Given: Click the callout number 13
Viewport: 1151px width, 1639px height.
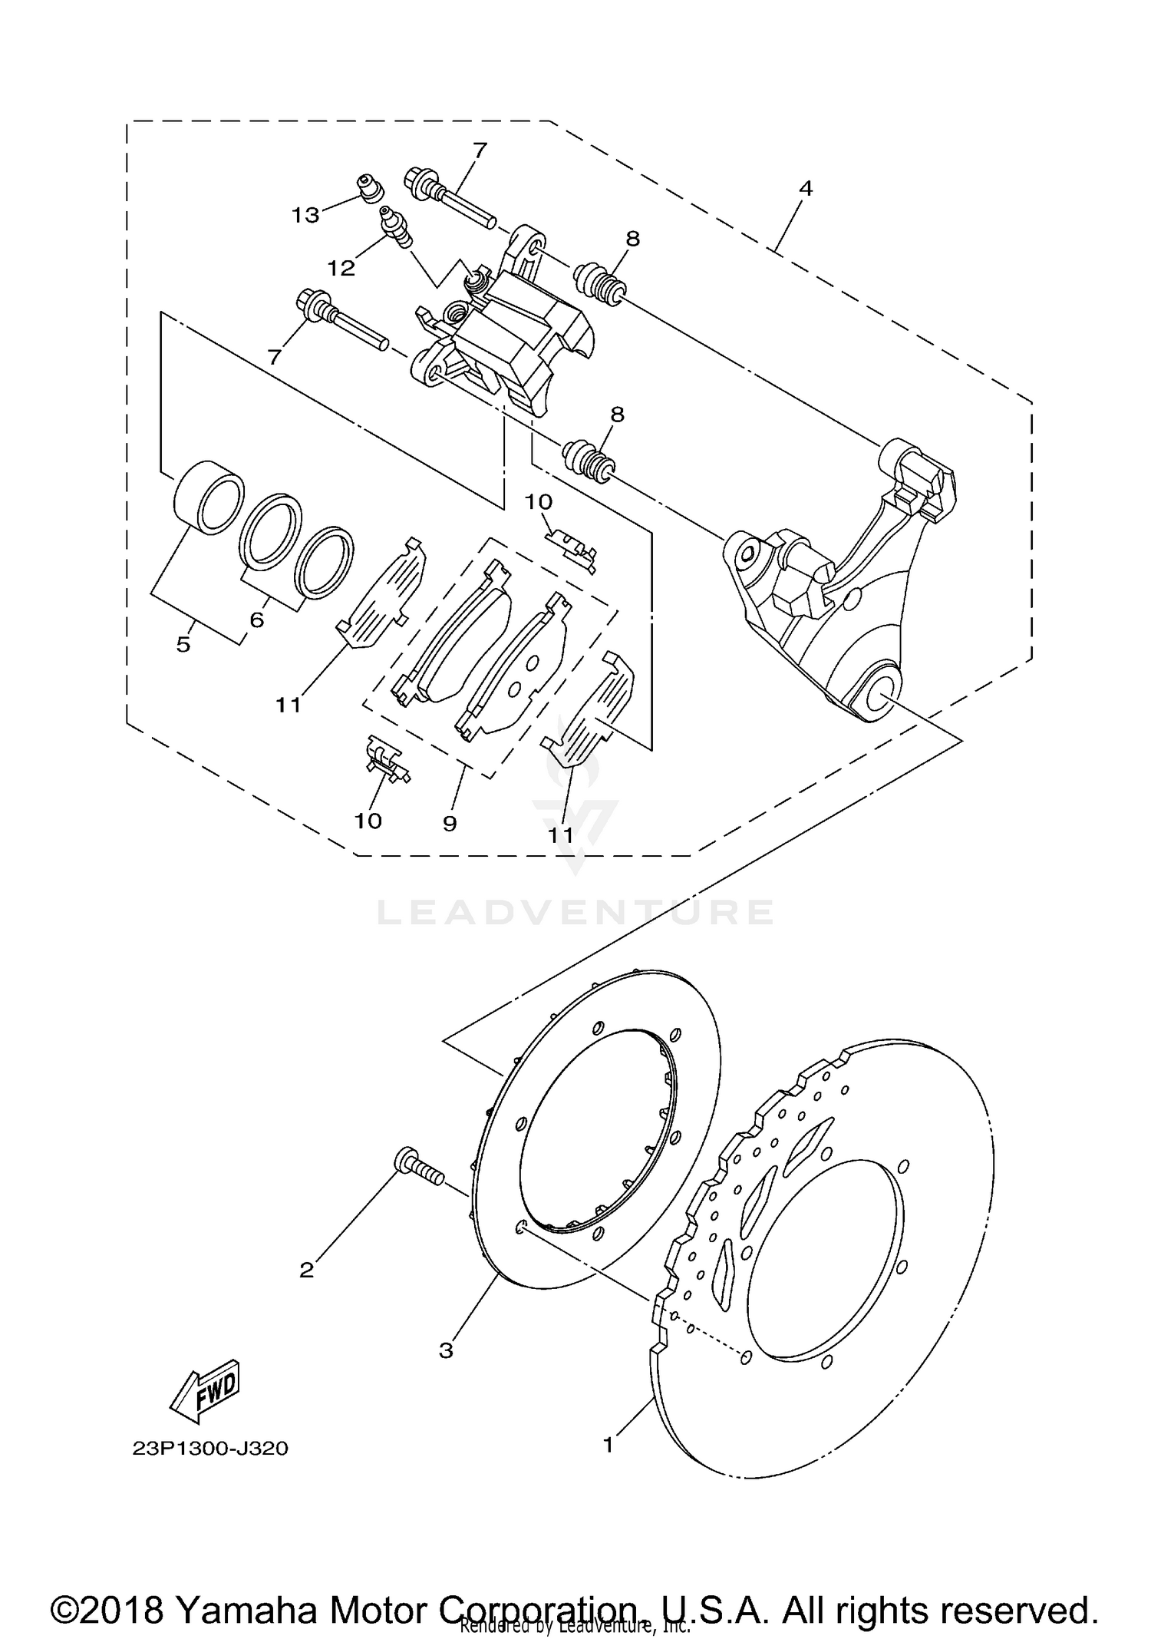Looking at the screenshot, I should click(x=305, y=216).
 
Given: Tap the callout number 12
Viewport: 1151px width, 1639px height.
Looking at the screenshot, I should click(x=341, y=268).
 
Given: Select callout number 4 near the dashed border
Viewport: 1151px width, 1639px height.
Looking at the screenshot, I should click(x=805, y=188).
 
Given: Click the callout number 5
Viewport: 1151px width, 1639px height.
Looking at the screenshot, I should click(x=183, y=644).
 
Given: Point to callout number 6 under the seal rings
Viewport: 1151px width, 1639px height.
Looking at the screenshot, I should click(x=256, y=619).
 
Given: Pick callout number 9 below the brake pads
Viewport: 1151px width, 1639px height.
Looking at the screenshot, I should click(x=450, y=824).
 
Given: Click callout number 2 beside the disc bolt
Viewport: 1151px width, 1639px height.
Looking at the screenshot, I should click(x=306, y=1271).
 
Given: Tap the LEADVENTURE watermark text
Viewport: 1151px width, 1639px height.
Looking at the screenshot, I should click(x=575, y=912).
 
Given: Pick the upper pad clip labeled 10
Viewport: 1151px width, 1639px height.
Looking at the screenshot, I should click(x=573, y=548).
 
